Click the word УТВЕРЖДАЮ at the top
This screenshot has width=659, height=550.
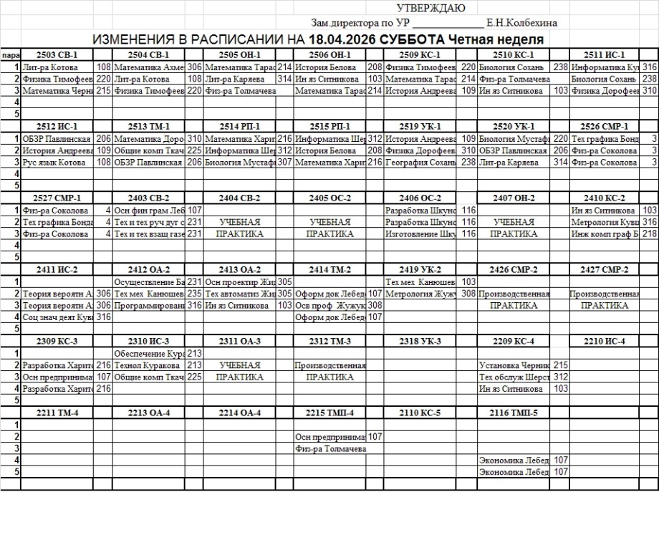coord(430,9)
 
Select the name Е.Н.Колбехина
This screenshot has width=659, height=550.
coord(521,23)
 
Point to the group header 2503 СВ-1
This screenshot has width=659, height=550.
coord(57,54)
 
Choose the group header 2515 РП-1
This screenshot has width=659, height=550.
coord(329,127)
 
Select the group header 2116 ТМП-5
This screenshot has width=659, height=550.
coord(514,412)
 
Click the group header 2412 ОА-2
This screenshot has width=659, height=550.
coord(148,270)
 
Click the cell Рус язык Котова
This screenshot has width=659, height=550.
coord(54,163)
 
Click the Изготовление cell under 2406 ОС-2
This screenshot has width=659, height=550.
coord(420,234)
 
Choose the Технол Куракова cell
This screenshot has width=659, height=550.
coord(147,365)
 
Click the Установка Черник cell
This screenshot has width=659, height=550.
coord(514,365)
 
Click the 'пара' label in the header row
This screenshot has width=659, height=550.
coord(10,55)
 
